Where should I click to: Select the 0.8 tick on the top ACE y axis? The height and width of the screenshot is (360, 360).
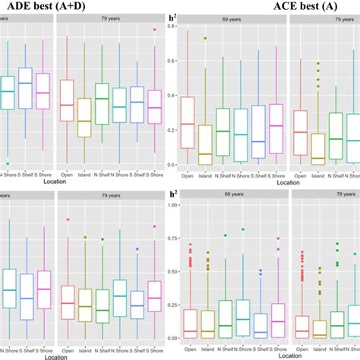point(173,27)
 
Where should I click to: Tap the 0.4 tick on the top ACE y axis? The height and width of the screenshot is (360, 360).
point(173,96)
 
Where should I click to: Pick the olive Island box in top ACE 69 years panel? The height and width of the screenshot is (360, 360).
point(204,144)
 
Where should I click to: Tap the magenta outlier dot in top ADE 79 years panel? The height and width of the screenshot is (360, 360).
point(156,30)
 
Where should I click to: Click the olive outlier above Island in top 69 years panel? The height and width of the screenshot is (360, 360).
point(204,38)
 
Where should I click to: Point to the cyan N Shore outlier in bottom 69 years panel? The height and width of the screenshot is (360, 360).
point(243,229)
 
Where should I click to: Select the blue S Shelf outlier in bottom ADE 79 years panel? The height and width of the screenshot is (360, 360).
point(137,248)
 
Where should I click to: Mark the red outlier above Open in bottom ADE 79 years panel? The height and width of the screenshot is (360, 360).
point(68,219)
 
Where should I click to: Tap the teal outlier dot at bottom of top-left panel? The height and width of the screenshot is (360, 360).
point(8,163)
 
